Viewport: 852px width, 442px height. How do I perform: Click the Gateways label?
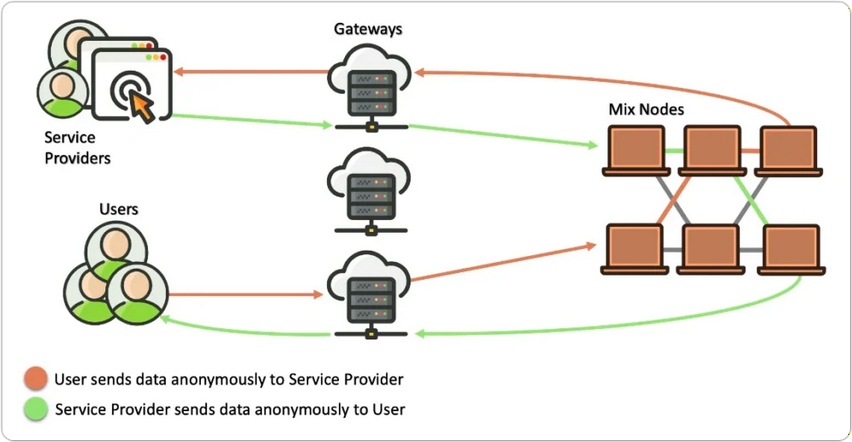pyautogui.click(x=368, y=28)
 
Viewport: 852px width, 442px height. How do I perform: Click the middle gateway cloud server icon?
pyautogui.click(x=368, y=190)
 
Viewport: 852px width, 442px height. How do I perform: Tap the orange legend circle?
pyautogui.click(x=37, y=380)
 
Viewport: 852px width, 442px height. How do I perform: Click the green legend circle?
pyautogui.click(x=37, y=409)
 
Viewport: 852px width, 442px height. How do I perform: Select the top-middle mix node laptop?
pyautogui.click(x=711, y=150)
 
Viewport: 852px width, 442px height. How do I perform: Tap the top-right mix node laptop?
pyautogui.click(x=787, y=150)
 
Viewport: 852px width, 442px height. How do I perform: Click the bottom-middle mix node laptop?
pyautogui.click(x=711, y=249)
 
